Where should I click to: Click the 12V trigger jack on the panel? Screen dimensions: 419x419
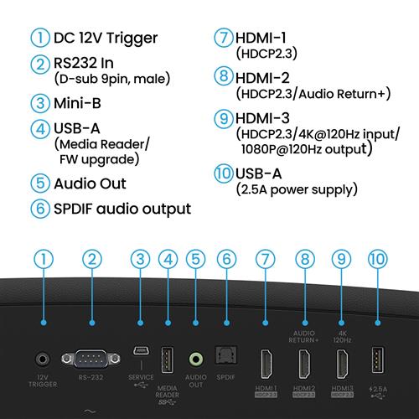40,360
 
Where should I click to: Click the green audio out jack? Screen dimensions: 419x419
195,360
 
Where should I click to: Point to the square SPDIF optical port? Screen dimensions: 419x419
224,360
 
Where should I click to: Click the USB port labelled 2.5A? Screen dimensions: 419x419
376,361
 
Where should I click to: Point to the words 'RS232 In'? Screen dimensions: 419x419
89,64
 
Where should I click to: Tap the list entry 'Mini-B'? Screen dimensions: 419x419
81,104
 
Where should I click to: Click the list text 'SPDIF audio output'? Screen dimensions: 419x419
122,208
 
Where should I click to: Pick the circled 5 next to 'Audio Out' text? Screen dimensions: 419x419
39,183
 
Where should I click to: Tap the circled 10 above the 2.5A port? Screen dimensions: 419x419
376,260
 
